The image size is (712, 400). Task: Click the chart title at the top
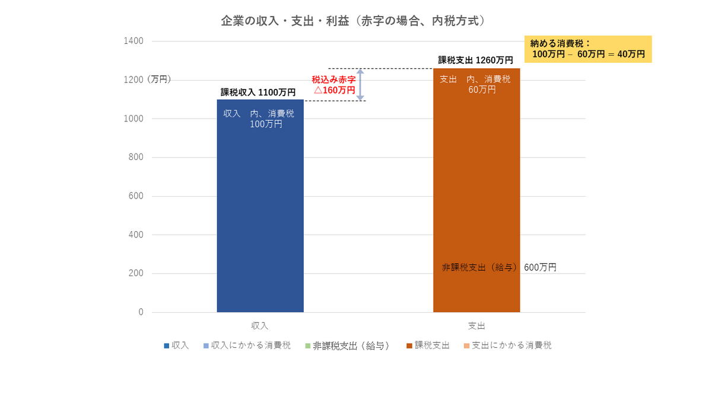[353, 21]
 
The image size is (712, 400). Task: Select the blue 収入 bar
[260, 206]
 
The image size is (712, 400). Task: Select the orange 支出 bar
[476, 190]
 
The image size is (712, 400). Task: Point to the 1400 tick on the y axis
[133, 41]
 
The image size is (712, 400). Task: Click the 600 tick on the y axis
[136, 196]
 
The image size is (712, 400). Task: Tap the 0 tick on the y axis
[141, 312]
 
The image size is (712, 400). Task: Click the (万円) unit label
[159, 79]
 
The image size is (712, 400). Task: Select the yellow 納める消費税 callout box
[588, 49]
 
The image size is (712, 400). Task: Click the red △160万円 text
[335, 90]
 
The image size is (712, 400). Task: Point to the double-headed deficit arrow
[360, 85]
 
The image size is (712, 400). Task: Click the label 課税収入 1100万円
[258, 92]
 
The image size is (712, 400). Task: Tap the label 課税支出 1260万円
[475, 60]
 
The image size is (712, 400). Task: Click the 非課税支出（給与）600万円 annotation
[499, 267]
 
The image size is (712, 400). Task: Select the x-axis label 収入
[260, 326]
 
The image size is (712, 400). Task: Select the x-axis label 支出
[476, 326]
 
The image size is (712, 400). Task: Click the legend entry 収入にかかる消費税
[247, 345]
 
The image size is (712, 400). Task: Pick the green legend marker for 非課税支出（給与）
[308, 345]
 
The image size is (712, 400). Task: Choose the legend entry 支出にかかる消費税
[508, 345]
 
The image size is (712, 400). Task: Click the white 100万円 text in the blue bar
[266, 124]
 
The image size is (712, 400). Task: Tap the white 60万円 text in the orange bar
[482, 90]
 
